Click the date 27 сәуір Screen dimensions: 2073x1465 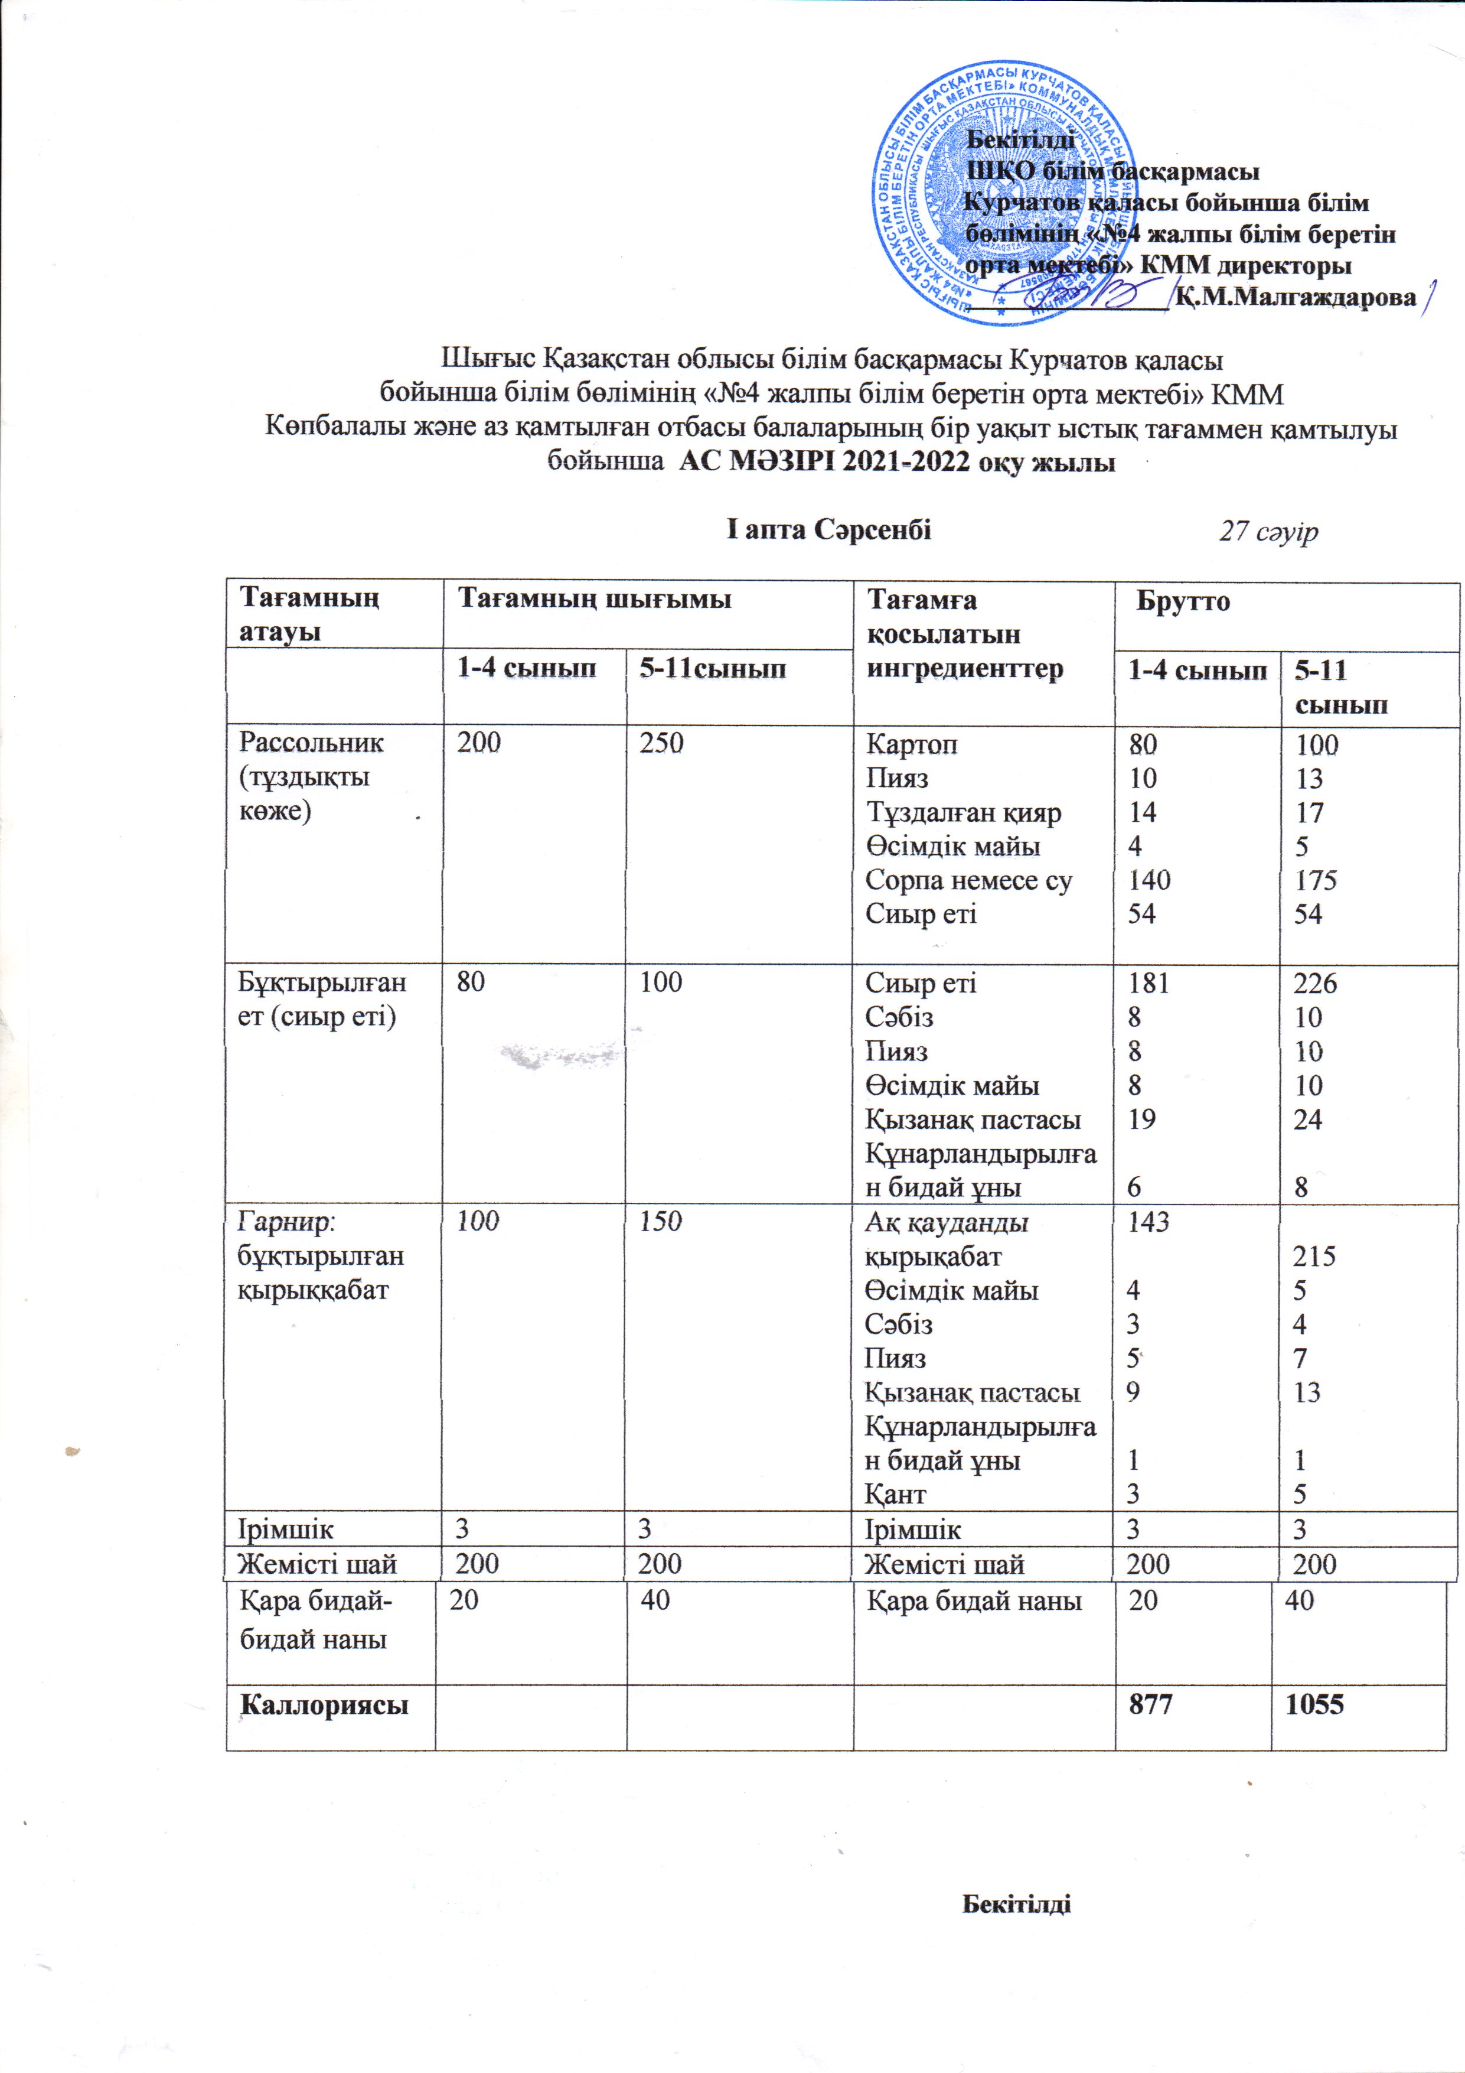pyautogui.click(x=1268, y=532)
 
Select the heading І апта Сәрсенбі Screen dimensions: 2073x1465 pyautogui.click(x=828, y=530)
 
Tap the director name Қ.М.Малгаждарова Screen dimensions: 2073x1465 pyautogui.click(x=1296, y=297)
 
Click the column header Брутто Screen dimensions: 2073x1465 pyautogui.click(x=1183, y=601)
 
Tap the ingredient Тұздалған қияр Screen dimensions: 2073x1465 pyautogui.click(x=963, y=812)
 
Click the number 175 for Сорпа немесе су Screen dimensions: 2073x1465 pyautogui.click(x=1316, y=880)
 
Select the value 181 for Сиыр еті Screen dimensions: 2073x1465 pyautogui.click(x=1148, y=983)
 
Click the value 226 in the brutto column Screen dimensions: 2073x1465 pyautogui.click(x=1315, y=983)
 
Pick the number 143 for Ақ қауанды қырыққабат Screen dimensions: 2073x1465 pyautogui.click(x=1148, y=1222)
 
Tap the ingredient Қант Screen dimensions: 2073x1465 pyautogui.click(x=895, y=1494)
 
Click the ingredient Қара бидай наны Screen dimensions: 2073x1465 pyautogui.click(x=974, y=1601)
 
